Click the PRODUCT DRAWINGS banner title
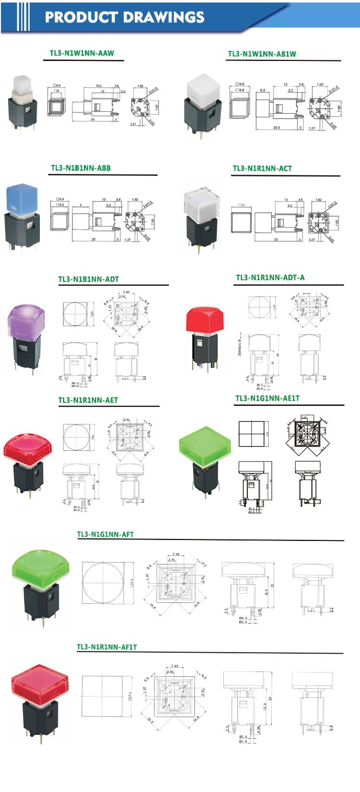(124, 17)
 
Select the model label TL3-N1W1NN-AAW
(82, 53)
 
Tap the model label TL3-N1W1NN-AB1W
(262, 54)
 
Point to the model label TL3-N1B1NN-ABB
(81, 168)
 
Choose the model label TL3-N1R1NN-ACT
(262, 168)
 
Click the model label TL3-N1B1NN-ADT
(88, 279)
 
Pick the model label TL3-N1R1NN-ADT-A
(270, 277)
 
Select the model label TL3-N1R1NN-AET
(88, 400)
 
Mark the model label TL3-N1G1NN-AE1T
(267, 398)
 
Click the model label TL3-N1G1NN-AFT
(105, 534)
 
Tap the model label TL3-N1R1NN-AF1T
(107, 647)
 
